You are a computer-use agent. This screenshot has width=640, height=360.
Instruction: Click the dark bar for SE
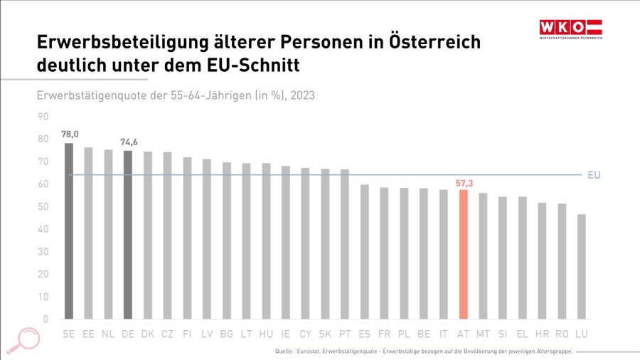pyautogui.click(x=69, y=231)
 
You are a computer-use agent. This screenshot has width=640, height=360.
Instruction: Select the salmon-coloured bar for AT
pyautogui.click(x=463, y=254)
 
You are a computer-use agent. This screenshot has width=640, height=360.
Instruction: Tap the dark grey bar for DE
pyautogui.click(x=128, y=235)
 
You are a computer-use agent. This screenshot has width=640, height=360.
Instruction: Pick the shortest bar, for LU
pyautogui.click(x=582, y=266)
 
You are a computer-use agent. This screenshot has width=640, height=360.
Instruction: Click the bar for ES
pyautogui.click(x=364, y=251)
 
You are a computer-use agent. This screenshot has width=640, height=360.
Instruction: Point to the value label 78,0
pyautogui.click(x=70, y=134)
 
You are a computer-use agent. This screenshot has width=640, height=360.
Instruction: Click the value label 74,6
pyautogui.click(x=129, y=142)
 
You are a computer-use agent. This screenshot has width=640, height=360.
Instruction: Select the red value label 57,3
pyautogui.click(x=463, y=183)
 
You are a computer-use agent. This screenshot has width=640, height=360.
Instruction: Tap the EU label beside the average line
pyautogui.click(x=594, y=174)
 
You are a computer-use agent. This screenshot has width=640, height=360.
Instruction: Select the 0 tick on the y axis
pyautogui.click(x=46, y=319)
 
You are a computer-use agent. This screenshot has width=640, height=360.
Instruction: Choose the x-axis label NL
pyautogui.click(x=108, y=334)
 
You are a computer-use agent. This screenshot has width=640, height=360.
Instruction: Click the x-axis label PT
pyautogui.click(x=345, y=334)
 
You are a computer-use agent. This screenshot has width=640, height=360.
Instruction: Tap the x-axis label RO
pyautogui.click(x=562, y=334)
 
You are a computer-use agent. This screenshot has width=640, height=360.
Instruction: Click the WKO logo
pyautogui.click(x=570, y=29)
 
